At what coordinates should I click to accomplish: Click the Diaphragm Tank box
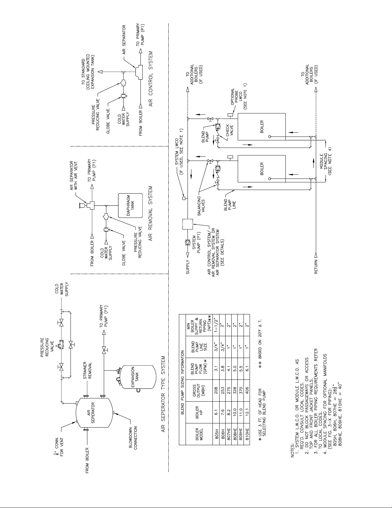pos(130,205)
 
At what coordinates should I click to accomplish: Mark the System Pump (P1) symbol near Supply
pos(188,242)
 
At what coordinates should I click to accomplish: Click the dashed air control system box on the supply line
pos(188,224)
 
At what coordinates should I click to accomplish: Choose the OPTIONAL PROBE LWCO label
pos(239,99)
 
